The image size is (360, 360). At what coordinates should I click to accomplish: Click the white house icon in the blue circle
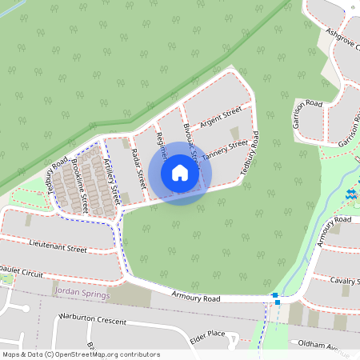(x=179, y=173)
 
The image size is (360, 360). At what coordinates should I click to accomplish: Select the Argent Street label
(x=222, y=117)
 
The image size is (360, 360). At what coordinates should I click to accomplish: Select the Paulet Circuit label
(x=22, y=274)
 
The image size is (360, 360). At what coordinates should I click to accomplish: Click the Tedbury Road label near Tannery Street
(x=250, y=152)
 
